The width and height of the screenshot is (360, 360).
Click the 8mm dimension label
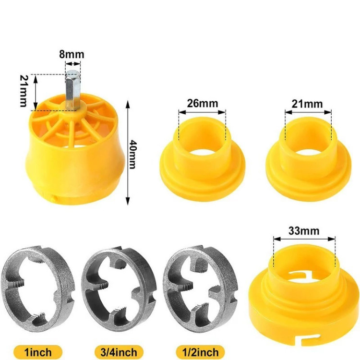tap(72, 54)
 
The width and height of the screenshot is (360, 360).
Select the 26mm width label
tap(202, 103)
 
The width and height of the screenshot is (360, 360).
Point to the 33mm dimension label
tap(304, 230)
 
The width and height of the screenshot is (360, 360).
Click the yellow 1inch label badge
tap(38, 352)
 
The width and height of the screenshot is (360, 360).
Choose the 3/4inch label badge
tap(119, 352)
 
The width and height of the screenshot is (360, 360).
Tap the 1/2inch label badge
tap(201, 352)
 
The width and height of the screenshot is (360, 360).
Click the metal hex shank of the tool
tap(72, 90)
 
